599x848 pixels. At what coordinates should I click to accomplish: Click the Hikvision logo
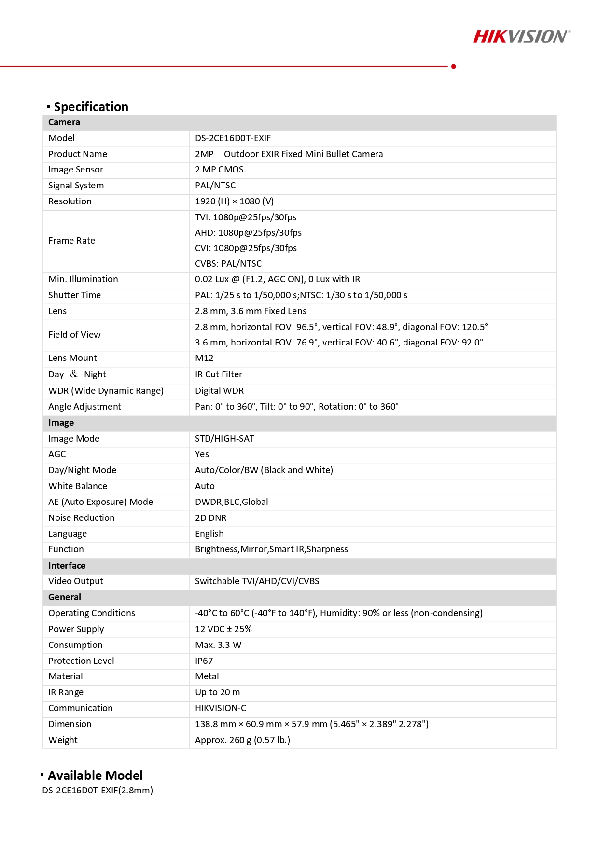click(x=521, y=37)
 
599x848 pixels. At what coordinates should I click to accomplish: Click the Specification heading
click(x=91, y=107)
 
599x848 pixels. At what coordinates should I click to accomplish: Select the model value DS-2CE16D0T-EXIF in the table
click(x=233, y=138)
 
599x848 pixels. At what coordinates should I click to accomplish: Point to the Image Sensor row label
click(x=76, y=170)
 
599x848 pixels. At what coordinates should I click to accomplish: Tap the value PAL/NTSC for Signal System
click(x=215, y=186)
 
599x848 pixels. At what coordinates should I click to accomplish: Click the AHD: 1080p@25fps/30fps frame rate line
click(x=248, y=233)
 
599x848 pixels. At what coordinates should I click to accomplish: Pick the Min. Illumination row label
click(x=83, y=279)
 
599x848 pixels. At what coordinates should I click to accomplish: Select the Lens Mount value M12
click(x=204, y=358)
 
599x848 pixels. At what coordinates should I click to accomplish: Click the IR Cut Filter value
click(x=219, y=374)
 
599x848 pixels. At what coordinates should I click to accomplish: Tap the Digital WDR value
click(x=219, y=391)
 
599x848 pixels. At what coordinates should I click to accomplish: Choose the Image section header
click(x=61, y=423)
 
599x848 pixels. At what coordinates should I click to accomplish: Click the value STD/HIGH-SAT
click(x=224, y=439)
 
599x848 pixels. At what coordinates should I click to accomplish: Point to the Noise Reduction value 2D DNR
click(x=210, y=518)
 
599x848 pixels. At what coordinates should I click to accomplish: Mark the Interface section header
click(x=67, y=566)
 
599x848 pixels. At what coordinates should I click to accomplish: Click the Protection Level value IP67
click(x=204, y=661)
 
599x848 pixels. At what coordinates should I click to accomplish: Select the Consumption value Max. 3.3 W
click(x=218, y=645)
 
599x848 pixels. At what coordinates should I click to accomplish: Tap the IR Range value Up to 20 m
click(x=217, y=692)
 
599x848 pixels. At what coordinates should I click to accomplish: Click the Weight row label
click(x=63, y=740)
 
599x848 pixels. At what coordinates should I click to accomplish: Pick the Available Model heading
click(x=95, y=776)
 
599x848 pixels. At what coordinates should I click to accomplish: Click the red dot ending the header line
click(x=454, y=66)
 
